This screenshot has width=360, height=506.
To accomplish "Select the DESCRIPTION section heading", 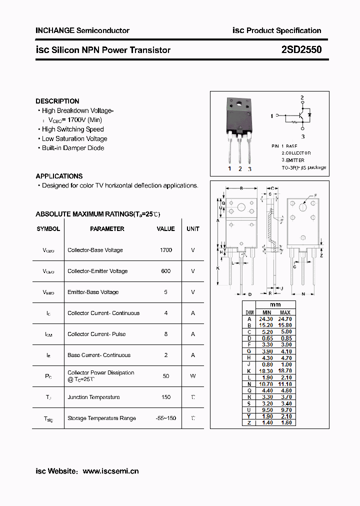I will click(57, 101).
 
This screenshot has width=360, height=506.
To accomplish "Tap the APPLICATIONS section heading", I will click(59, 176).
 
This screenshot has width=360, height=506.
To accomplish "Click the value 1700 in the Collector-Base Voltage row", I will click(166, 250).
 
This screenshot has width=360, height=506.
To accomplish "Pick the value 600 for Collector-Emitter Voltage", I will click(166, 271).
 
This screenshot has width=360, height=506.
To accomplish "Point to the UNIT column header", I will click(192, 229).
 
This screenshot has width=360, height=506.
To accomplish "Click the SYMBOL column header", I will click(48, 229).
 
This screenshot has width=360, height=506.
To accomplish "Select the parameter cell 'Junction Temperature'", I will click(93, 397).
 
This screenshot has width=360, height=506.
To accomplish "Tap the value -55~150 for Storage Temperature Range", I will click(166, 418).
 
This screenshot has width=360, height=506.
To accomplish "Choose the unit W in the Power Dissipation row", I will click(192, 376).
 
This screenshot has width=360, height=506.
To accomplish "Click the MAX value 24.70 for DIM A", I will click(284, 318).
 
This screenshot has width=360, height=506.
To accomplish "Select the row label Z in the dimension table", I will click(249, 423).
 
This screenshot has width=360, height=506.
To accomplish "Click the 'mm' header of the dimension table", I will click(275, 304).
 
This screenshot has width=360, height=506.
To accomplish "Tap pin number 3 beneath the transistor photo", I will click(249, 169).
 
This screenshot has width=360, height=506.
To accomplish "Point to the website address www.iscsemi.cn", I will click(110, 471).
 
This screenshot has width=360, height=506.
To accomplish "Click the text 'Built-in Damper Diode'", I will click(73, 148).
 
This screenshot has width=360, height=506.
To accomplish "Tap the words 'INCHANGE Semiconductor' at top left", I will click(82, 30).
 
